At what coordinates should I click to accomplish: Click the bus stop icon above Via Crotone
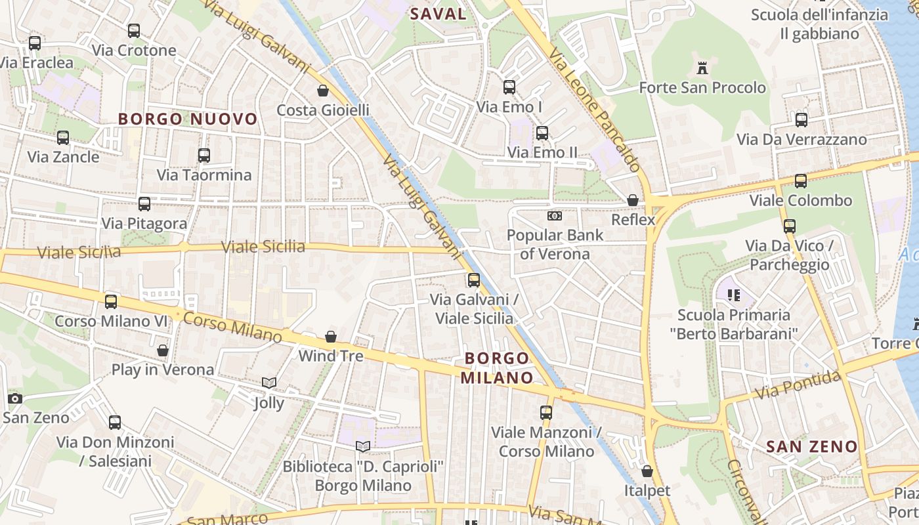(x=134, y=31)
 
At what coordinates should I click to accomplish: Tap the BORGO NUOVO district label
(x=188, y=119)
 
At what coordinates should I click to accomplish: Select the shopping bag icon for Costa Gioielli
(x=323, y=91)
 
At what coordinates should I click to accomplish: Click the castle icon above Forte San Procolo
(x=702, y=68)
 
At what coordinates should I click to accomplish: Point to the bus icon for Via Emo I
(x=509, y=87)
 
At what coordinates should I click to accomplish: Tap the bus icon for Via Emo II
(x=542, y=133)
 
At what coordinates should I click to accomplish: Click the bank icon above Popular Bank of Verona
(x=555, y=215)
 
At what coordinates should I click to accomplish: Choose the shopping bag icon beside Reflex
(x=633, y=200)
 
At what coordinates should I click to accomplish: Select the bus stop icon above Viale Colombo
(x=801, y=181)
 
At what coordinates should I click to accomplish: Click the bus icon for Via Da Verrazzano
(x=801, y=120)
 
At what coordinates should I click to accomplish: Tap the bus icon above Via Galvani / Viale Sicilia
(x=474, y=280)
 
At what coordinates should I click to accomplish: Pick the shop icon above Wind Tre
(x=331, y=337)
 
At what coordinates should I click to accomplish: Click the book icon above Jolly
(x=269, y=383)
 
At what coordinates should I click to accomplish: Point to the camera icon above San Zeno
(x=15, y=398)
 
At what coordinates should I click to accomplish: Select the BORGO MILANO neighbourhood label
(x=496, y=367)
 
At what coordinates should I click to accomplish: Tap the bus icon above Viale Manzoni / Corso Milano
(x=546, y=413)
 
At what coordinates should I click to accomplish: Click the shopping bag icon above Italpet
(x=647, y=471)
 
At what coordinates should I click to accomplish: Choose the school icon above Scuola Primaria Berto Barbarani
(x=734, y=295)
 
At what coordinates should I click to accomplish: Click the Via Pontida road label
(x=798, y=385)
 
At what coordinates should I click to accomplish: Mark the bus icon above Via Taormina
(x=204, y=156)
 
